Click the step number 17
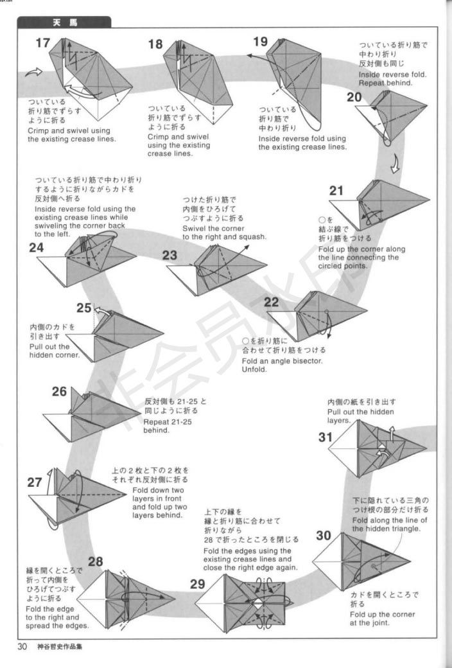tap(42, 44)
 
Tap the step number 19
tap(260, 42)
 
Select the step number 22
tap(272, 303)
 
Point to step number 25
tap(84, 308)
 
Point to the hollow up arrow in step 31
tap(391, 434)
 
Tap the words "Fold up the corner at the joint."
tap(383, 619)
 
